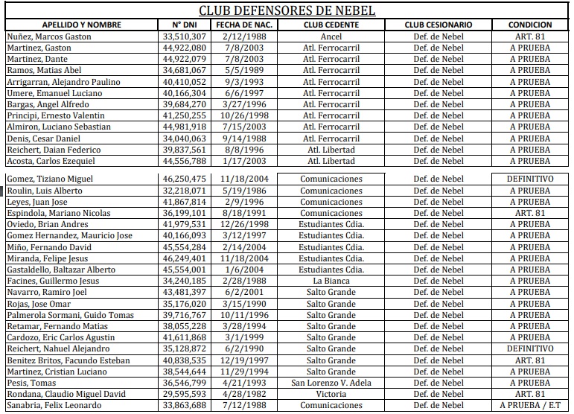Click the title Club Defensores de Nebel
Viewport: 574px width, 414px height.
click(287, 10)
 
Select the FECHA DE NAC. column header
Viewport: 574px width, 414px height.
click(244, 25)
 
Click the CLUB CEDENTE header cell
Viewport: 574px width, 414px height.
click(331, 25)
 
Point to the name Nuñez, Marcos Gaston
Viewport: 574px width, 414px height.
click(49, 36)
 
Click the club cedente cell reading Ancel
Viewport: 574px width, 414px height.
click(331, 36)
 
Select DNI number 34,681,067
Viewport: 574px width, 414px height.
click(183, 70)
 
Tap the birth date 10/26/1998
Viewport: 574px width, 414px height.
click(244, 115)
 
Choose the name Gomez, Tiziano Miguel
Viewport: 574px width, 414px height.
click(49, 179)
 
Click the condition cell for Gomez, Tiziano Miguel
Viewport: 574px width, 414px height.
click(530, 179)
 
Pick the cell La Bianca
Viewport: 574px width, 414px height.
click(331, 281)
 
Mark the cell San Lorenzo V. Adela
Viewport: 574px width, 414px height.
click(331, 383)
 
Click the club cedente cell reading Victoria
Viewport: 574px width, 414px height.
click(331, 394)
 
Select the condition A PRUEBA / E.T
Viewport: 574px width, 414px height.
click(530, 405)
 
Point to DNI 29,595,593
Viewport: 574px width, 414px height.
click(183, 394)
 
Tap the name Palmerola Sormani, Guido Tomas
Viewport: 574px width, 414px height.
click(71, 315)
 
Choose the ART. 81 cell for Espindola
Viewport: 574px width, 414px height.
click(530, 213)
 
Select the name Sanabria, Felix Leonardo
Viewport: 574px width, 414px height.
click(54, 405)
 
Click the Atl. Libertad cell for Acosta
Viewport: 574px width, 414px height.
click(331, 161)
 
